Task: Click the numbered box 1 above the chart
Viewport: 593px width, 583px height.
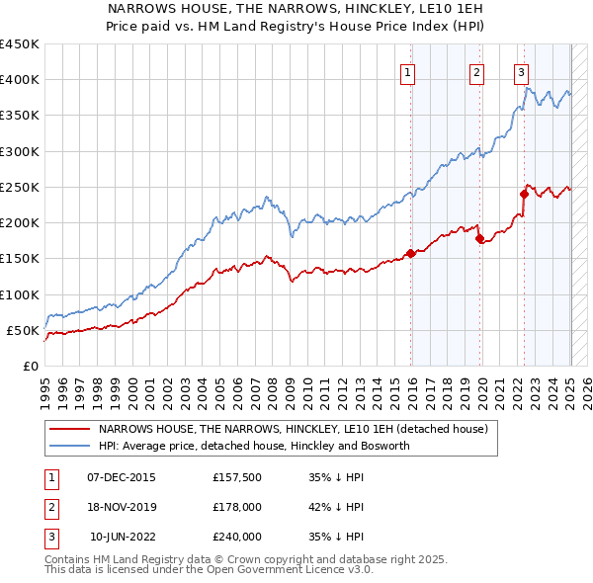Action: click(408, 71)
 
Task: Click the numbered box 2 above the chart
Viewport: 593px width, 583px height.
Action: click(476, 71)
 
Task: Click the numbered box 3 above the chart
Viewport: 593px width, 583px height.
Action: click(521, 71)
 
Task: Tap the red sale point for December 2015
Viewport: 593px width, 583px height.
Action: click(410, 253)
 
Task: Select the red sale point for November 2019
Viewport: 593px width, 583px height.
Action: click(479, 238)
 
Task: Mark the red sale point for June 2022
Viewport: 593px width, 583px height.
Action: click(524, 194)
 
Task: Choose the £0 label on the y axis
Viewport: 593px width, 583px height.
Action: click(30, 366)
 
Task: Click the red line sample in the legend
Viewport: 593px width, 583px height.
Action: click(71, 430)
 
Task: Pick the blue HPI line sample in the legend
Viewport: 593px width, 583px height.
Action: click(71, 447)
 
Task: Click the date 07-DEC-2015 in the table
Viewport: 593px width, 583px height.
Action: click(121, 477)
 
